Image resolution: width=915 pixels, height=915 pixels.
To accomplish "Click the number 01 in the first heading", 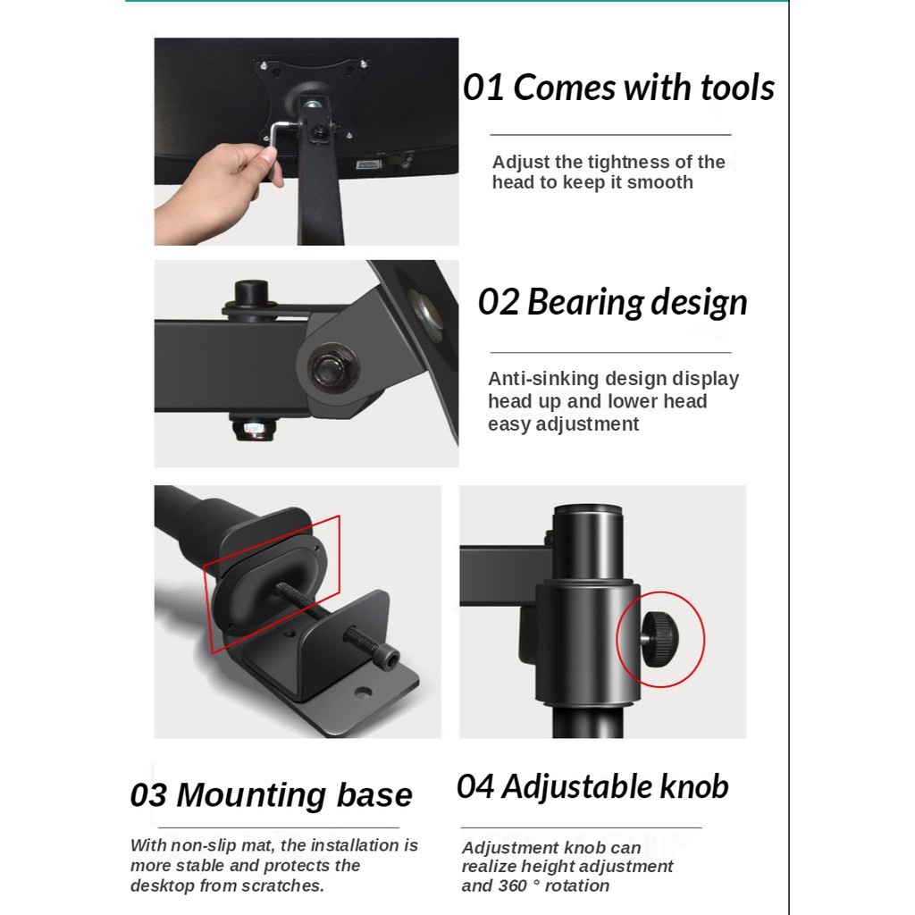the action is point(483,88).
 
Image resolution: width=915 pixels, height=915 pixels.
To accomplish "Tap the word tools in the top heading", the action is point(737,88).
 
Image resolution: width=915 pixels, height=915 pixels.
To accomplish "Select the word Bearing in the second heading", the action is point(584,303).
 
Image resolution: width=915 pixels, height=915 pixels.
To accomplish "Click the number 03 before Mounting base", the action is point(148,794).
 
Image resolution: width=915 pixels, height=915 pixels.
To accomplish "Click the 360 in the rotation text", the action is point(513,886).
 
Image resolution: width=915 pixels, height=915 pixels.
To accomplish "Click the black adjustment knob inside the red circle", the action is point(660,638).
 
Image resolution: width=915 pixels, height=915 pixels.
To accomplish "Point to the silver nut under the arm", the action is point(253,429).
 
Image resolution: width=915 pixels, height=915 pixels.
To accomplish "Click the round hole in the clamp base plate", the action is point(363,693).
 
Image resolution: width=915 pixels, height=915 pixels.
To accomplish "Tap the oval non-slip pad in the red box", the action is point(269,583).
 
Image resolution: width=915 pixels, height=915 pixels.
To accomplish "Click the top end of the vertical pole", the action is point(587,508).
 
